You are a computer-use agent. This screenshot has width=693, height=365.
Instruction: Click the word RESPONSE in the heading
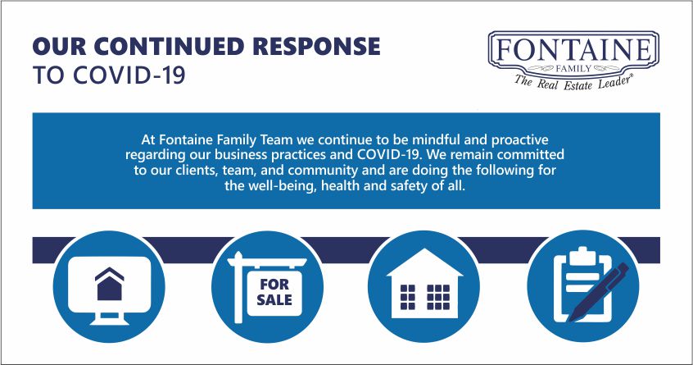click(x=316, y=47)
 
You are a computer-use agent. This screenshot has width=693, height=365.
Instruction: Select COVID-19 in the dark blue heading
click(x=129, y=75)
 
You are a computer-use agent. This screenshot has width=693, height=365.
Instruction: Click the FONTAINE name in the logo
click(x=573, y=50)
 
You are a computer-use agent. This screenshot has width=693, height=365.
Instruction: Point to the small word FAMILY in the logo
click(x=573, y=69)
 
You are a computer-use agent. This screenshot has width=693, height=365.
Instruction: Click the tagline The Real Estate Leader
click(x=573, y=82)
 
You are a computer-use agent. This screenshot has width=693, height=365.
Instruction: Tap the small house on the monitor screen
click(x=109, y=284)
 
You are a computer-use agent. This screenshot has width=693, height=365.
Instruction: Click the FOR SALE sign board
click(x=274, y=293)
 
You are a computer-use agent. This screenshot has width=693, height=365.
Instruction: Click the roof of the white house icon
click(x=424, y=262)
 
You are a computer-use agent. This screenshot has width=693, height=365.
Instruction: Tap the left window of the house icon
click(x=407, y=297)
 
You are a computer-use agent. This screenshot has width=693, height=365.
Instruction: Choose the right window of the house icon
click(x=438, y=297)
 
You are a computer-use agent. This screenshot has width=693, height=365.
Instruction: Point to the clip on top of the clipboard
click(x=582, y=256)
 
